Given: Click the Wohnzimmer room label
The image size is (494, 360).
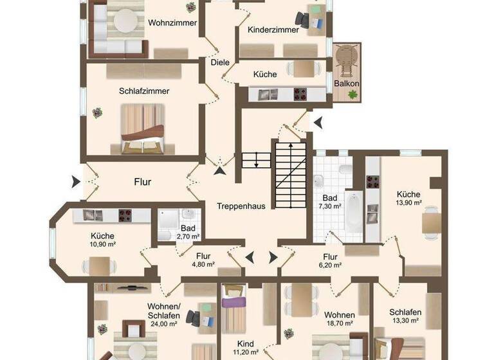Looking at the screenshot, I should click(172, 22).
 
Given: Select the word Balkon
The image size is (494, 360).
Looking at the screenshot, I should click(346, 84).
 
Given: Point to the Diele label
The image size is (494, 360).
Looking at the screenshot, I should click(219, 62).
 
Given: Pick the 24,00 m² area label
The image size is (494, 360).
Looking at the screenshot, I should click(164, 324).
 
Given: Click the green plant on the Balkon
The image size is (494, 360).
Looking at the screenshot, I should click(352, 94).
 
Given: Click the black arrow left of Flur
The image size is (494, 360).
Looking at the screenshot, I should click(77, 182).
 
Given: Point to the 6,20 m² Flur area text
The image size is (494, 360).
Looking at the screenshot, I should click(331, 264).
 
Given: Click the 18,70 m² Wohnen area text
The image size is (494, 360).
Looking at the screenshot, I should click(339, 325).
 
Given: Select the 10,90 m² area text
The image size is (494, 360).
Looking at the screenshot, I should click(102, 244).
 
